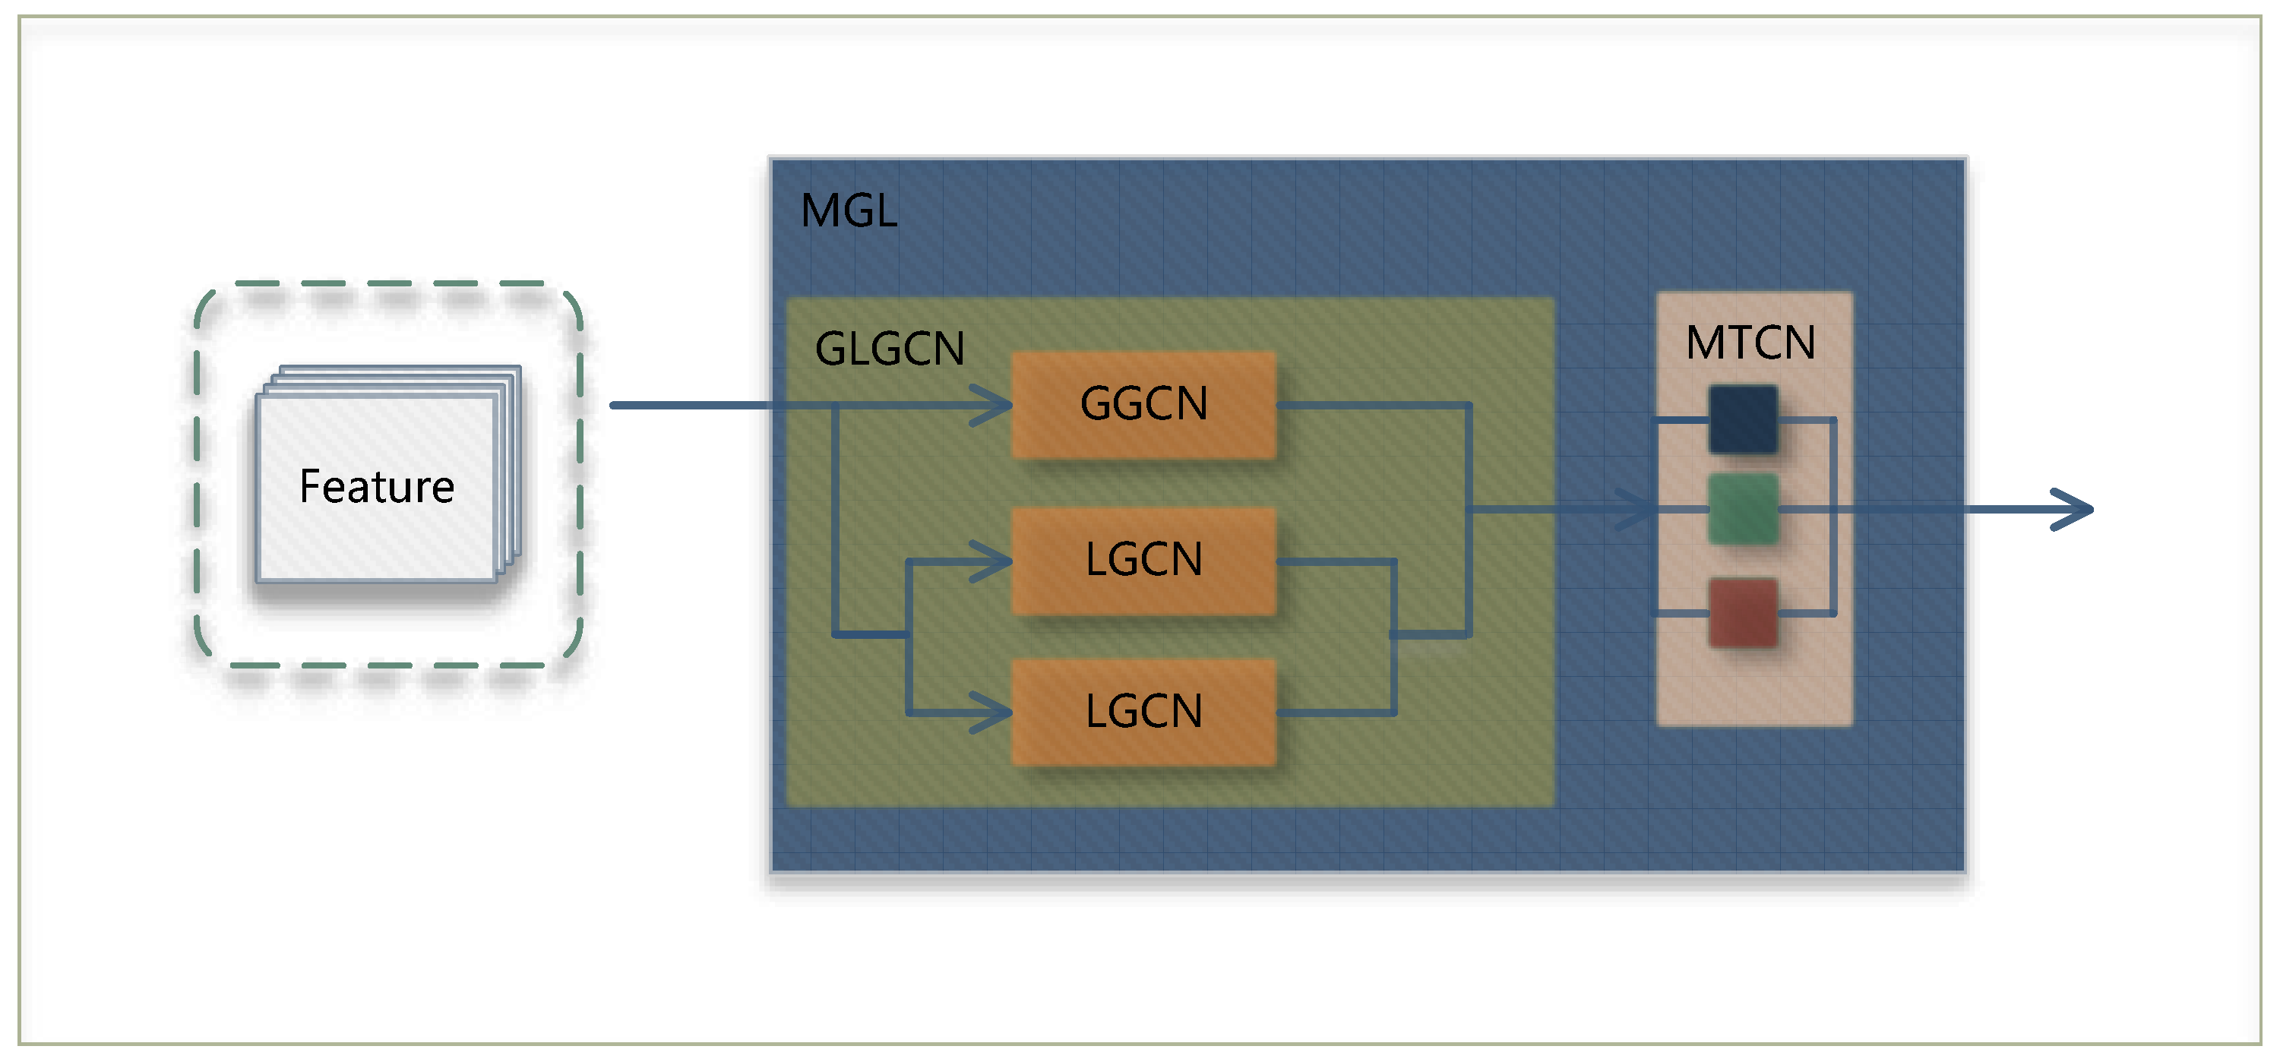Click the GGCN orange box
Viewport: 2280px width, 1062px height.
click(1143, 404)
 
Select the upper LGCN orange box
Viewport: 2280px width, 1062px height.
click(1143, 560)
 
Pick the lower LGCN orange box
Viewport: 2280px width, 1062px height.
click(1143, 712)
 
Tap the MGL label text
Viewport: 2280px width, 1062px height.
click(848, 210)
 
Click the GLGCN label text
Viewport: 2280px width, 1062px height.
click(889, 348)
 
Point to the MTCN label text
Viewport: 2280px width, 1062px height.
click(1750, 343)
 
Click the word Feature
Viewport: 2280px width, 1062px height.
click(376, 487)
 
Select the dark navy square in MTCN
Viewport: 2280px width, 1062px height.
click(1742, 419)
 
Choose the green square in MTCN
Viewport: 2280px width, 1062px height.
click(1742, 509)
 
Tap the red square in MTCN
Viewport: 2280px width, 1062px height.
click(1742, 612)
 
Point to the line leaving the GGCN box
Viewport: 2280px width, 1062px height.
click(1372, 406)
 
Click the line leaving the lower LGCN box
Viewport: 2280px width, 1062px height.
click(1336, 713)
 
